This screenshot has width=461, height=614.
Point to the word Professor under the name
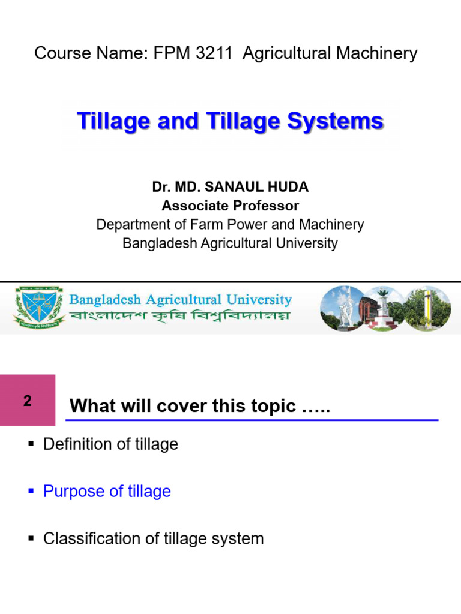pos(264,206)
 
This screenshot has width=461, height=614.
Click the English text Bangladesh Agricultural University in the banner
pos(181,299)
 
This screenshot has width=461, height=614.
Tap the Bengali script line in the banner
pos(179,316)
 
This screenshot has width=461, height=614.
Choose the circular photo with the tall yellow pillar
pos(427,308)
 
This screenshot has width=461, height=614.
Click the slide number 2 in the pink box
pos(28,401)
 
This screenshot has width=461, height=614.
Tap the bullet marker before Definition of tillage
pos(31,445)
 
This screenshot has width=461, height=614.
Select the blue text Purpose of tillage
pos(107,492)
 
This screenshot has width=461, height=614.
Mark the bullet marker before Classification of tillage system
pos(31,539)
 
